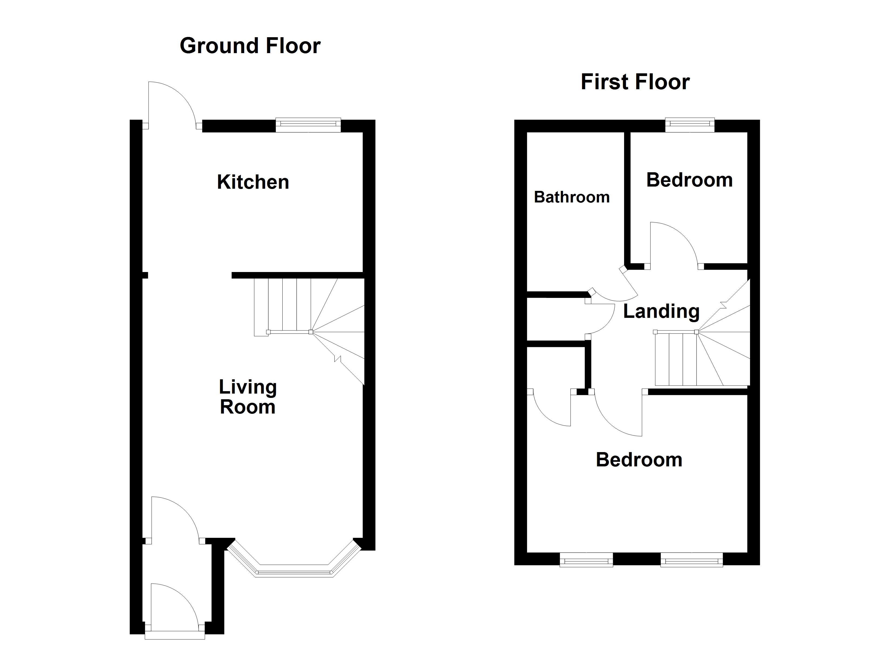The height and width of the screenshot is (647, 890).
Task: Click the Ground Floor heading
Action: (x=250, y=46)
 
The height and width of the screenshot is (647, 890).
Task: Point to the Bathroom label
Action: (x=572, y=197)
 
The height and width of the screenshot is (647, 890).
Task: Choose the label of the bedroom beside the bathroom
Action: (x=689, y=180)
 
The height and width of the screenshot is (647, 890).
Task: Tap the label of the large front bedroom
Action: (x=639, y=460)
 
